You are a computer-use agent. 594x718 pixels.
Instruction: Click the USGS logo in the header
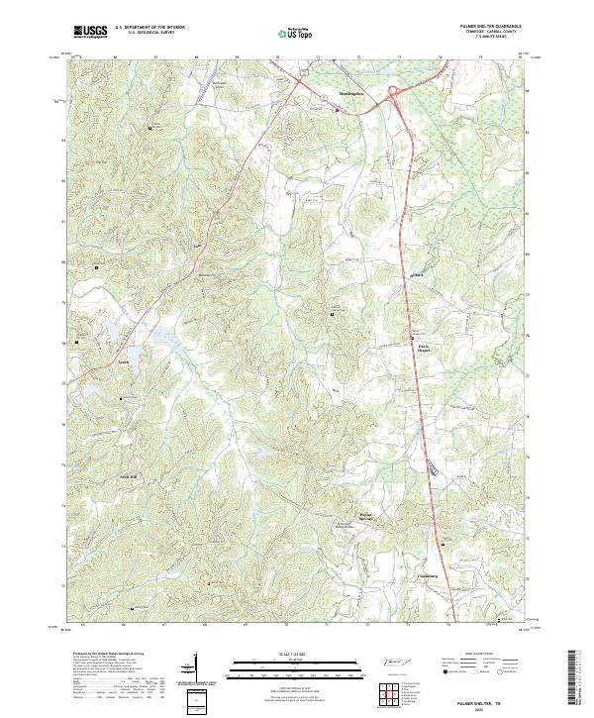(90, 32)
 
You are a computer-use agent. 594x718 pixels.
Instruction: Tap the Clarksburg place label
(425, 575)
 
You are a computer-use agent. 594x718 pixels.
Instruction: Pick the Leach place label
(125, 361)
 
